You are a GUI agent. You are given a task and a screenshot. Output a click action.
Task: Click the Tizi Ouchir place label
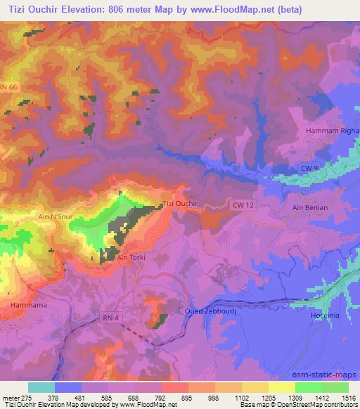click(x=180, y=204)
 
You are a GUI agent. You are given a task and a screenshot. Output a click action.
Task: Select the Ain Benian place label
click(x=309, y=208)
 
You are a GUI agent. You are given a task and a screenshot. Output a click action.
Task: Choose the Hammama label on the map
click(x=28, y=306)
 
